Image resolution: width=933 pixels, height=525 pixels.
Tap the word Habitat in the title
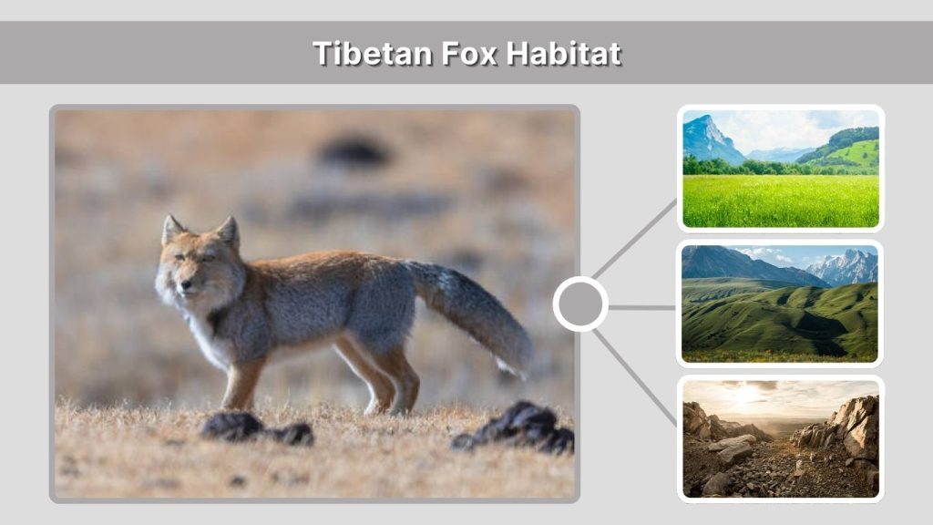coord(563,53)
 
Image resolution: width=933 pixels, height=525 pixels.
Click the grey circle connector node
coord(580,304)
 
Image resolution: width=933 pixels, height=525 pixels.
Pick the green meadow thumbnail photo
coord(781,169)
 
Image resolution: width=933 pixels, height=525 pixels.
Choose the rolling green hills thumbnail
coord(780,304)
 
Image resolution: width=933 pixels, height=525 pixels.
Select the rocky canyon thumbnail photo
coord(780,438)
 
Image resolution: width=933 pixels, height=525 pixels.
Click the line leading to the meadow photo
coord(634,239)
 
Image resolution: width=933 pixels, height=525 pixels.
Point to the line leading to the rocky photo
coord(634,375)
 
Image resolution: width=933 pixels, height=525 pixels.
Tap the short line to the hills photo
coord(641,307)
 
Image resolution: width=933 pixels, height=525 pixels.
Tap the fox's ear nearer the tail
coord(228,232)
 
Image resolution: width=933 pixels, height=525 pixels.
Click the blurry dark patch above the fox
coord(354,150)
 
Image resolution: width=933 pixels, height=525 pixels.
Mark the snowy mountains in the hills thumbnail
coord(843,266)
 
